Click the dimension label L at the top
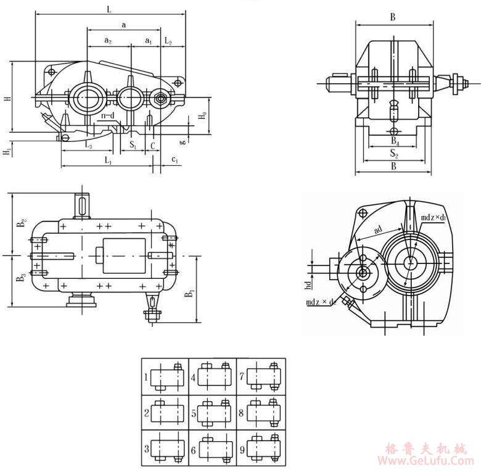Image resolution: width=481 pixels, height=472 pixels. [109, 9]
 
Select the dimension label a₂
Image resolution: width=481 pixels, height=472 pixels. [107, 41]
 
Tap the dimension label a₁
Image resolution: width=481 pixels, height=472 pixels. [148, 41]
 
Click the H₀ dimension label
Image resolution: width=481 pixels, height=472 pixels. [202, 115]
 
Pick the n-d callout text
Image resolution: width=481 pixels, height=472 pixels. [108, 115]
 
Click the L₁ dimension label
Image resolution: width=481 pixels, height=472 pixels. [108, 160]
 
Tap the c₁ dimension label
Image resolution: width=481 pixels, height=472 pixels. [175, 160]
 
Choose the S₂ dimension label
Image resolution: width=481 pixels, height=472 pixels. [393, 153]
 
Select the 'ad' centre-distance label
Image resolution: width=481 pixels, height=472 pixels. [378, 229]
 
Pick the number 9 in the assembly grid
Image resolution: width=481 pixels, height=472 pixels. [242, 449]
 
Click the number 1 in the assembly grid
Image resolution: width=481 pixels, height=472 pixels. [146, 376]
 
